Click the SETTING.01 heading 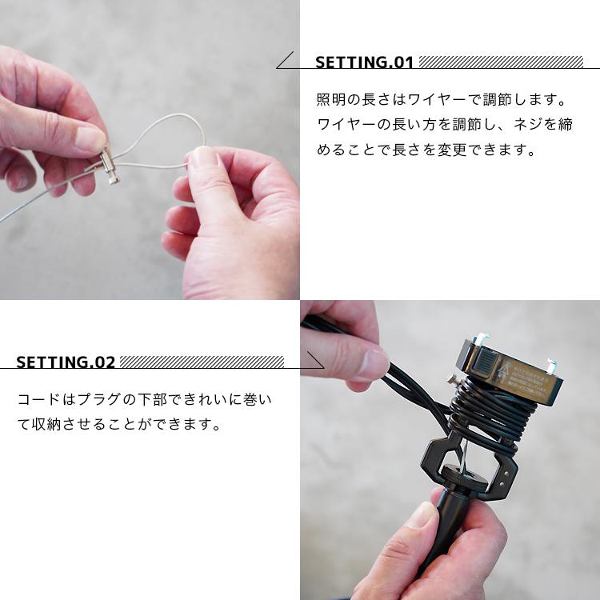364,62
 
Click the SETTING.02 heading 66,362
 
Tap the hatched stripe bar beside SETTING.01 501,62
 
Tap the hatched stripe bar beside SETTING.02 202,362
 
